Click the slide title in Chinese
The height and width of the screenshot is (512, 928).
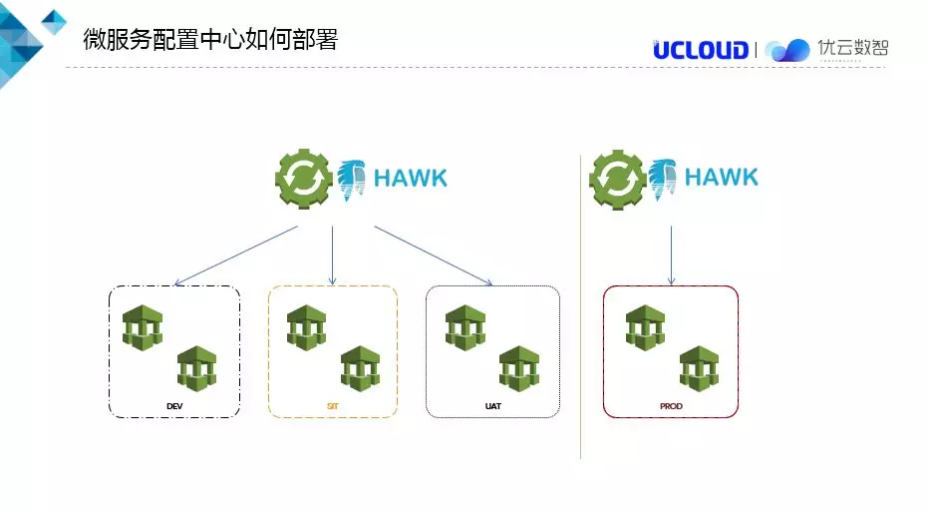pyautogui.click(x=209, y=40)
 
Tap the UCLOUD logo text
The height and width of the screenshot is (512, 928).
pyautogui.click(x=701, y=50)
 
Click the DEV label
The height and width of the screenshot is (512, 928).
pyautogui.click(x=174, y=406)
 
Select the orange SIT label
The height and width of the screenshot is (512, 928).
pyautogui.click(x=333, y=406)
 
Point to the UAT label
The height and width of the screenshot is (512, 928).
pyautogui.click(x=492, y=406)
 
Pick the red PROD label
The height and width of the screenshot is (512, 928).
pyautogui.click(x=671, y=406)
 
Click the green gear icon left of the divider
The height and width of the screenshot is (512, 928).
pyautogui.click(x=304, y=179)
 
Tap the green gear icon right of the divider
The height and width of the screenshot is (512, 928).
pyautogui.click(x=617, y=179)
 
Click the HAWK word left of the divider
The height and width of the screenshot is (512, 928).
pyautogui.click(x=411, y=180)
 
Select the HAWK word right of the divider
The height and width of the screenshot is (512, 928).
pyautogui.click(x=722, y=179)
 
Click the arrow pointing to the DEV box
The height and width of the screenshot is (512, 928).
pyautogui.click(x=236, y=256)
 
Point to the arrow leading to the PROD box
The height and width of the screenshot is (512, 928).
pyautogui.click(x=671, y=256)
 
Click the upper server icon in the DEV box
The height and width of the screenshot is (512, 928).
pyautogui.click(x=143, y=327)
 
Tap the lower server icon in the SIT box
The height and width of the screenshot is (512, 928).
pyautogui.click(x=360, y=368)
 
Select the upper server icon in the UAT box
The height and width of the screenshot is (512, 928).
pyautogui.click(x=465, y=327)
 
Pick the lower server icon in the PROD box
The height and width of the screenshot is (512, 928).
pyautogui.click(x=700, y=368)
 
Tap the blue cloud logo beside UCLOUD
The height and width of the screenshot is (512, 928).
pyautogui.click(x=787, y=50)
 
